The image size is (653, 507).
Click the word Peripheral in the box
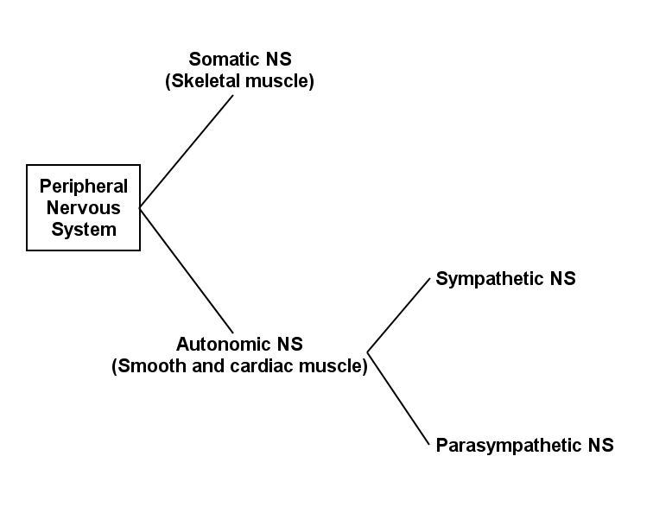tap(83, 187)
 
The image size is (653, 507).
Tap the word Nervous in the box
tap(83, 208)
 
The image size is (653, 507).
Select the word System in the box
tap(83, 230)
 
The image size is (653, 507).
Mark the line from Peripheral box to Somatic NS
tap(187, 151)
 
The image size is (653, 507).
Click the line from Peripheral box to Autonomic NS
tap(187, 270)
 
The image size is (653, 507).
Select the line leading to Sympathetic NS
tap(398, 315)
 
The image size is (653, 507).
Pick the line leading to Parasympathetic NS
tap(398, 399)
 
